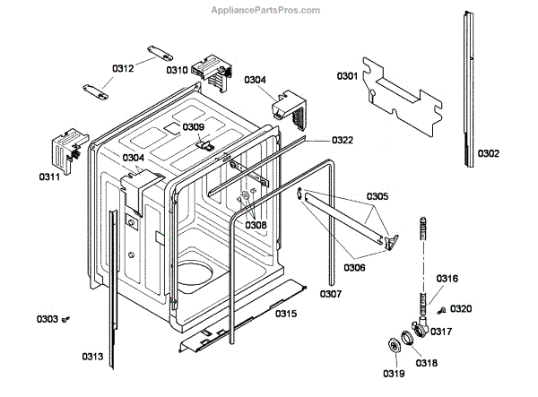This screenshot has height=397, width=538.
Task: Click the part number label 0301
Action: click(348, 75)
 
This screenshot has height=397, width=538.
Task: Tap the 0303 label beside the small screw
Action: click(47, 318)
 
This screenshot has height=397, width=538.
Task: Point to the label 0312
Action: click(123, 68)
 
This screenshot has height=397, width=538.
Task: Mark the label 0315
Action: click(286, 313)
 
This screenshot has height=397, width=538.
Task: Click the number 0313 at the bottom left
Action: click(92, 357)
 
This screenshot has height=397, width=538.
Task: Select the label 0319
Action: click(394, 374)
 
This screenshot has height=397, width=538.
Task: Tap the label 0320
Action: click(460, 309)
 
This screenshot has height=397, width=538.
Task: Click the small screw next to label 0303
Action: click(65, 318)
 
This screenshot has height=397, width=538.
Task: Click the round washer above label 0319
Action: click(393, 348)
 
